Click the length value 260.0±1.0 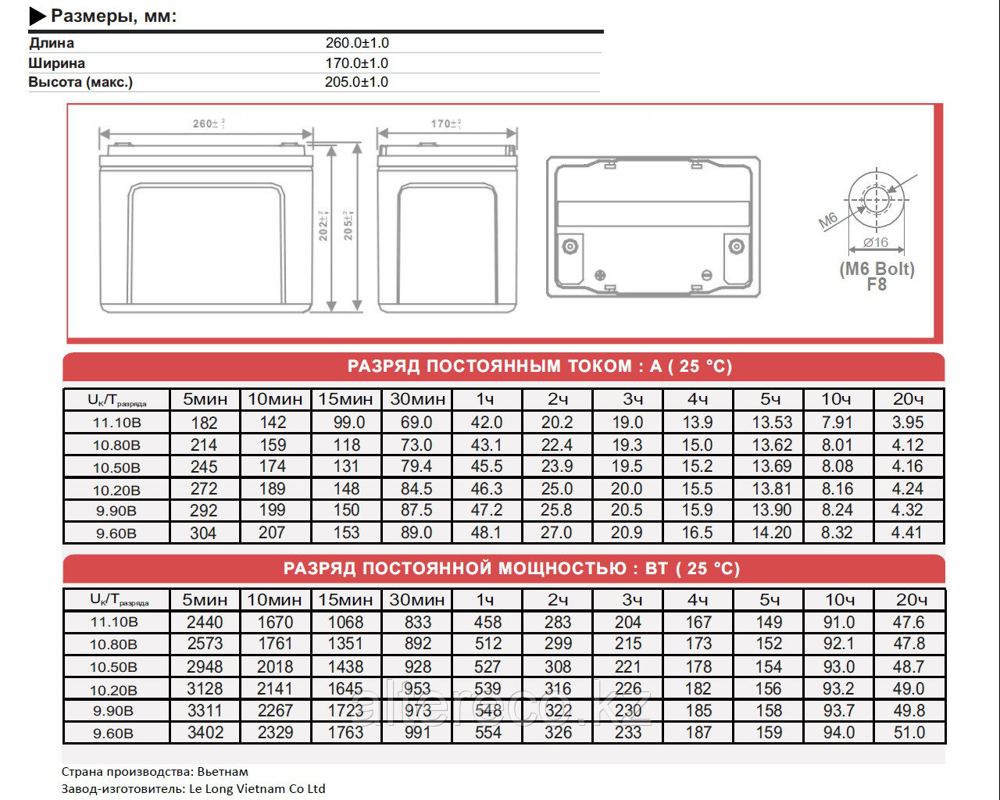(x=357, y=43)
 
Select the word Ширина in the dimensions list (x=57, y=63)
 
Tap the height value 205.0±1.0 (x=356, y=82)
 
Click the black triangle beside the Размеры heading (x=37, y=16)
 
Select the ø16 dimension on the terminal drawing (x=877, y=243)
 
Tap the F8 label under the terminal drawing (x=877, y=285)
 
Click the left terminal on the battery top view (x=570, y=247)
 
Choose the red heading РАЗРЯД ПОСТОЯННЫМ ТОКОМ (x=539, y=366)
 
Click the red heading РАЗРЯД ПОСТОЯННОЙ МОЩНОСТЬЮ (x=511, y=569)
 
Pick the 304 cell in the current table (x=204, y=533)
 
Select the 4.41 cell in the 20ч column (x=907, y=533)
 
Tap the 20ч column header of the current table (x=908, y=399)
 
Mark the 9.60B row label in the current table (x=116, y=534)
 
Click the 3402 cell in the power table (x=205, y=733)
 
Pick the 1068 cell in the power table (x=345, y=623)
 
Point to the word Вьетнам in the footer (x=223, y=772)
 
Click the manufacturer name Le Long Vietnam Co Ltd (x=257, y=789)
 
